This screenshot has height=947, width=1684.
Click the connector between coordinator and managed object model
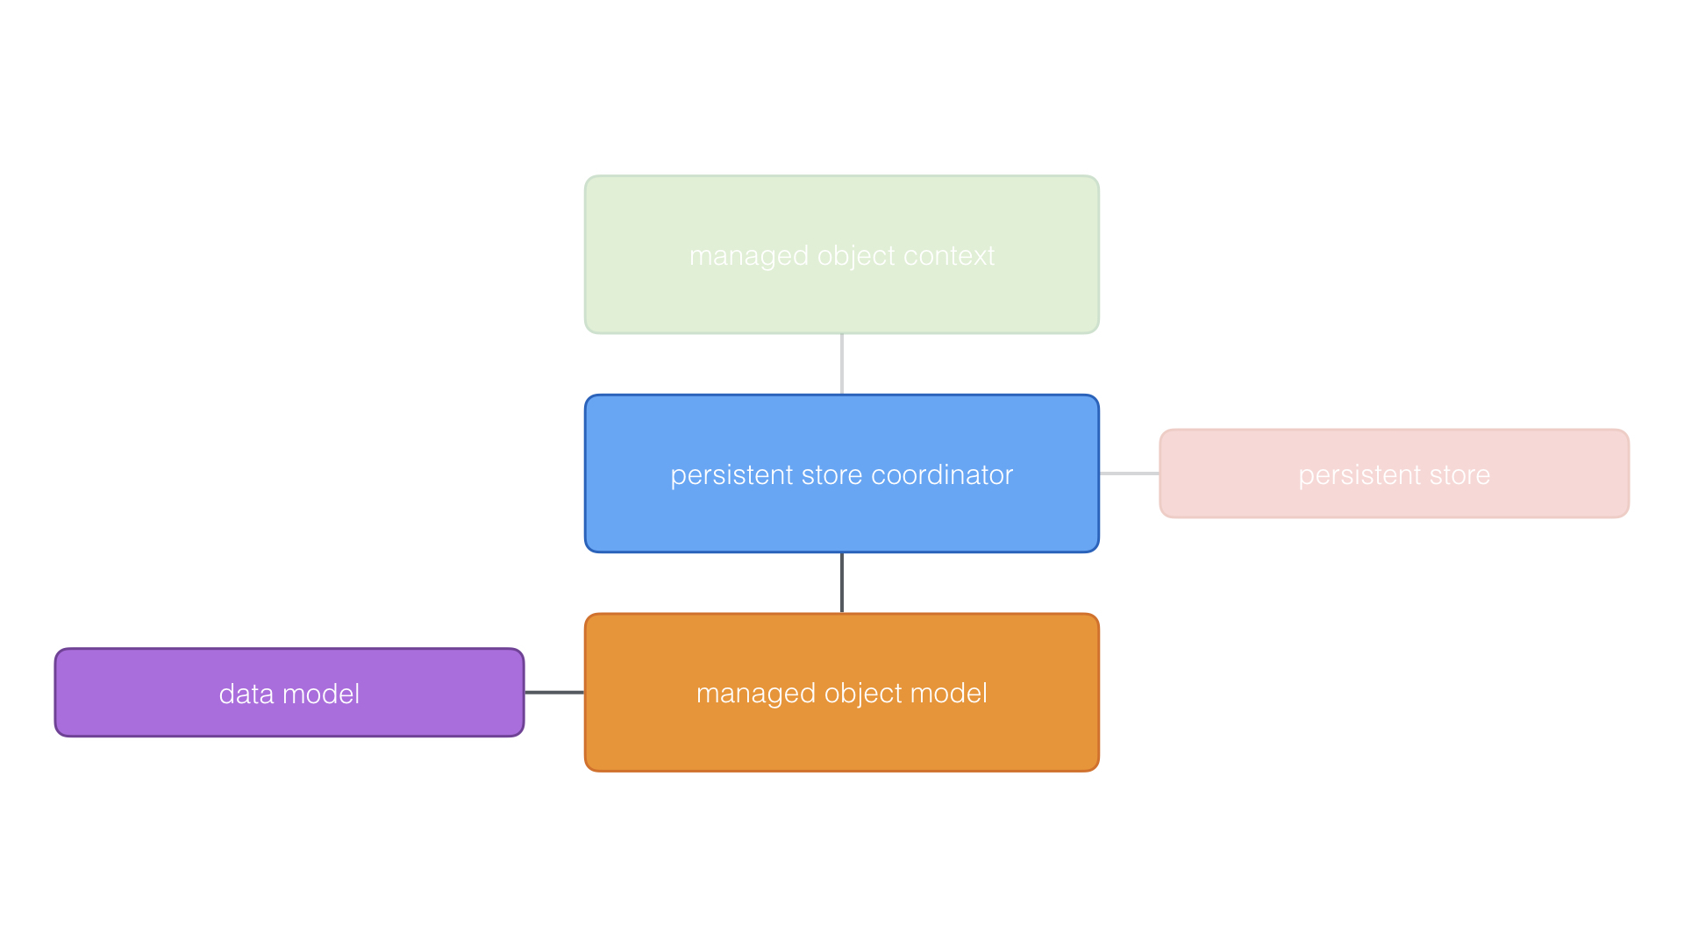pos(842,583)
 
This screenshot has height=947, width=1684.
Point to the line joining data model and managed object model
pos(554,693)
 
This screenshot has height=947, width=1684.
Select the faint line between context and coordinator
pos(842,364)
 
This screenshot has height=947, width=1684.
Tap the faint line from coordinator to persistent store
pos(1130,473)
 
